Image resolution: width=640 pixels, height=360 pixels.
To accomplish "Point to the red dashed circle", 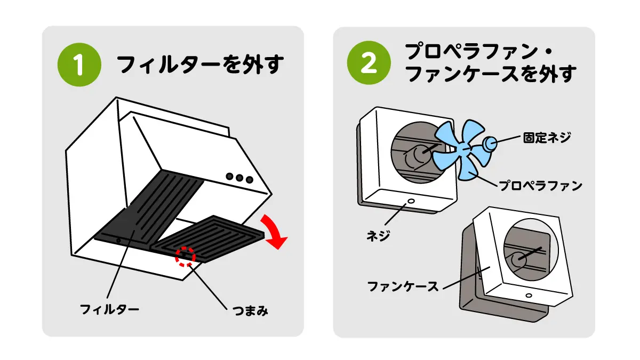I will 186,256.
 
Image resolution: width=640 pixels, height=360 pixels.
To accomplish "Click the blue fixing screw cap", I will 490,143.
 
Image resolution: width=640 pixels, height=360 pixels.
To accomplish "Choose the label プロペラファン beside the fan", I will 540,186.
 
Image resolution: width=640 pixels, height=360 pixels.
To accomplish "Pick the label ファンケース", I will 403,287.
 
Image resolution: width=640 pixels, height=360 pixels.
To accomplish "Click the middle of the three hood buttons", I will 239,177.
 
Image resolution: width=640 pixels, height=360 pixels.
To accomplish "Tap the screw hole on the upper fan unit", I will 410,202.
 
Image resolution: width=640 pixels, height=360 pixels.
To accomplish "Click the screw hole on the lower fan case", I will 528,295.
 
